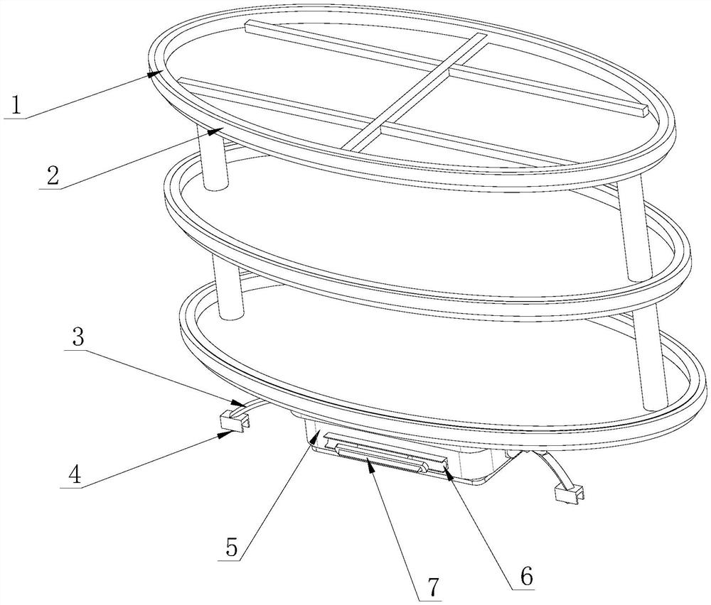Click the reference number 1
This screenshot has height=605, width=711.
coord(16,106)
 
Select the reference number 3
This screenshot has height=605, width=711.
coord(78,337)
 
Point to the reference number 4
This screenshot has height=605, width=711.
coord(75,475)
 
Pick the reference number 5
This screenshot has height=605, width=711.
coord(232,547)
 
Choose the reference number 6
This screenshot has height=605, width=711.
coord(526,576)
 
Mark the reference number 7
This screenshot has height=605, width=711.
coord(433,587)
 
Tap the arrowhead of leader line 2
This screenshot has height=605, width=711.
coord(216,131)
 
